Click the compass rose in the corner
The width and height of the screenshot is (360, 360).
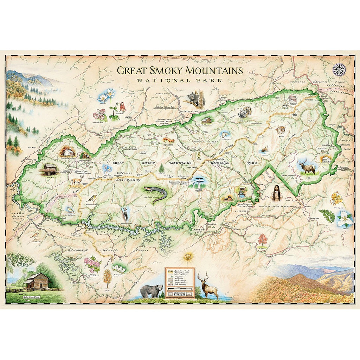click(x=339, y=69)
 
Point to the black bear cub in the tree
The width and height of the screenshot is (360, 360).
click(x=193, y=99)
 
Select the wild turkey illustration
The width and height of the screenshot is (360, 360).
click(x=244, y=112)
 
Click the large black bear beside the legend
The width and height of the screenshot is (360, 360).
click(x=152, y=290)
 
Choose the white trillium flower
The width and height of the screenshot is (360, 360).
click(x=345, y=219)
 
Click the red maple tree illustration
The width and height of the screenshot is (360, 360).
click(x=263, y=240)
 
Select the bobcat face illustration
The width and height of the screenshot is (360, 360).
click(x=281, y=130)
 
